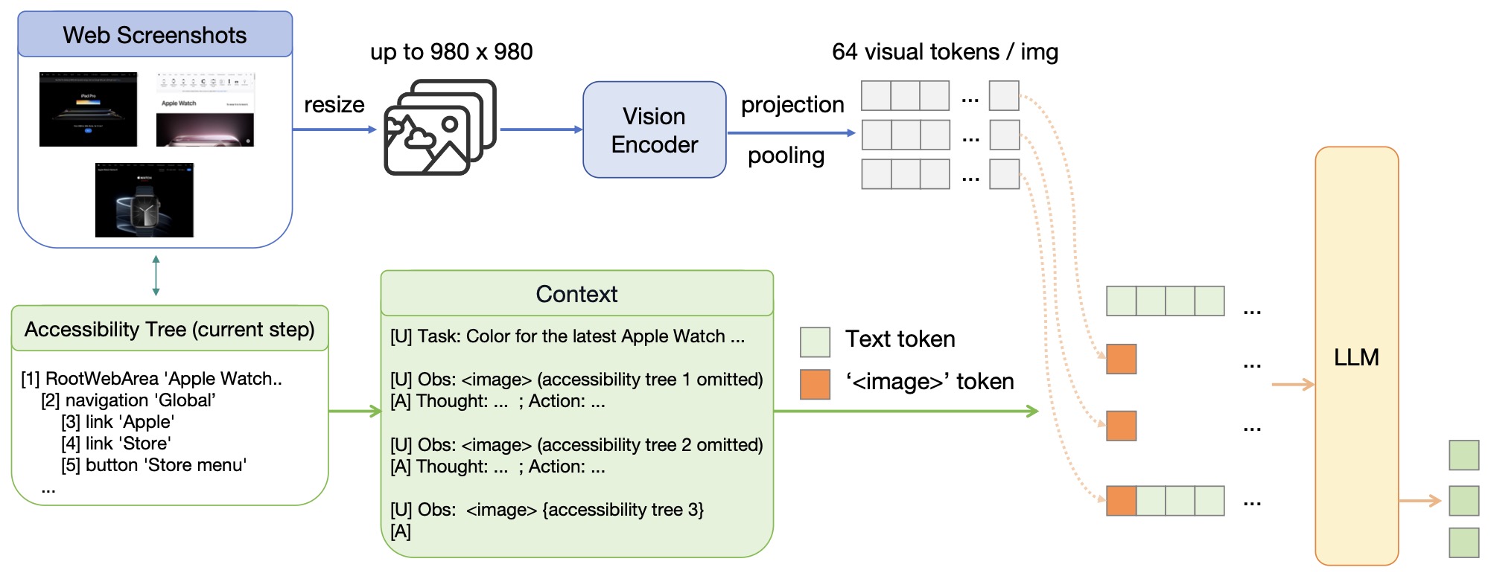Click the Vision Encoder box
coord(654,130)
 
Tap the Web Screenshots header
coord(155,35)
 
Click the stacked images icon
coord(439,127)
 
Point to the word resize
coord(334,105)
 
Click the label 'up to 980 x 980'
coord(451,52)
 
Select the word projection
coord(792,105)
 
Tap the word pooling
coord(786,156)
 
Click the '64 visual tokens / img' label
coord(944,52)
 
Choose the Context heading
coord(576,294)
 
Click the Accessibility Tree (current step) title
coord(170,329)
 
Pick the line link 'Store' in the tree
coord(116,444)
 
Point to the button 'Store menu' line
coord(153,465)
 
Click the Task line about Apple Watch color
coord(567,336)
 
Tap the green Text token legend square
coord(815,342)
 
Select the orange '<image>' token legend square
coord(815,384)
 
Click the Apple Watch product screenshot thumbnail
coord(144,200)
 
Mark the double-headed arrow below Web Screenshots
coord(156,275)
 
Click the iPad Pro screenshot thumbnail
coord(89,109)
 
